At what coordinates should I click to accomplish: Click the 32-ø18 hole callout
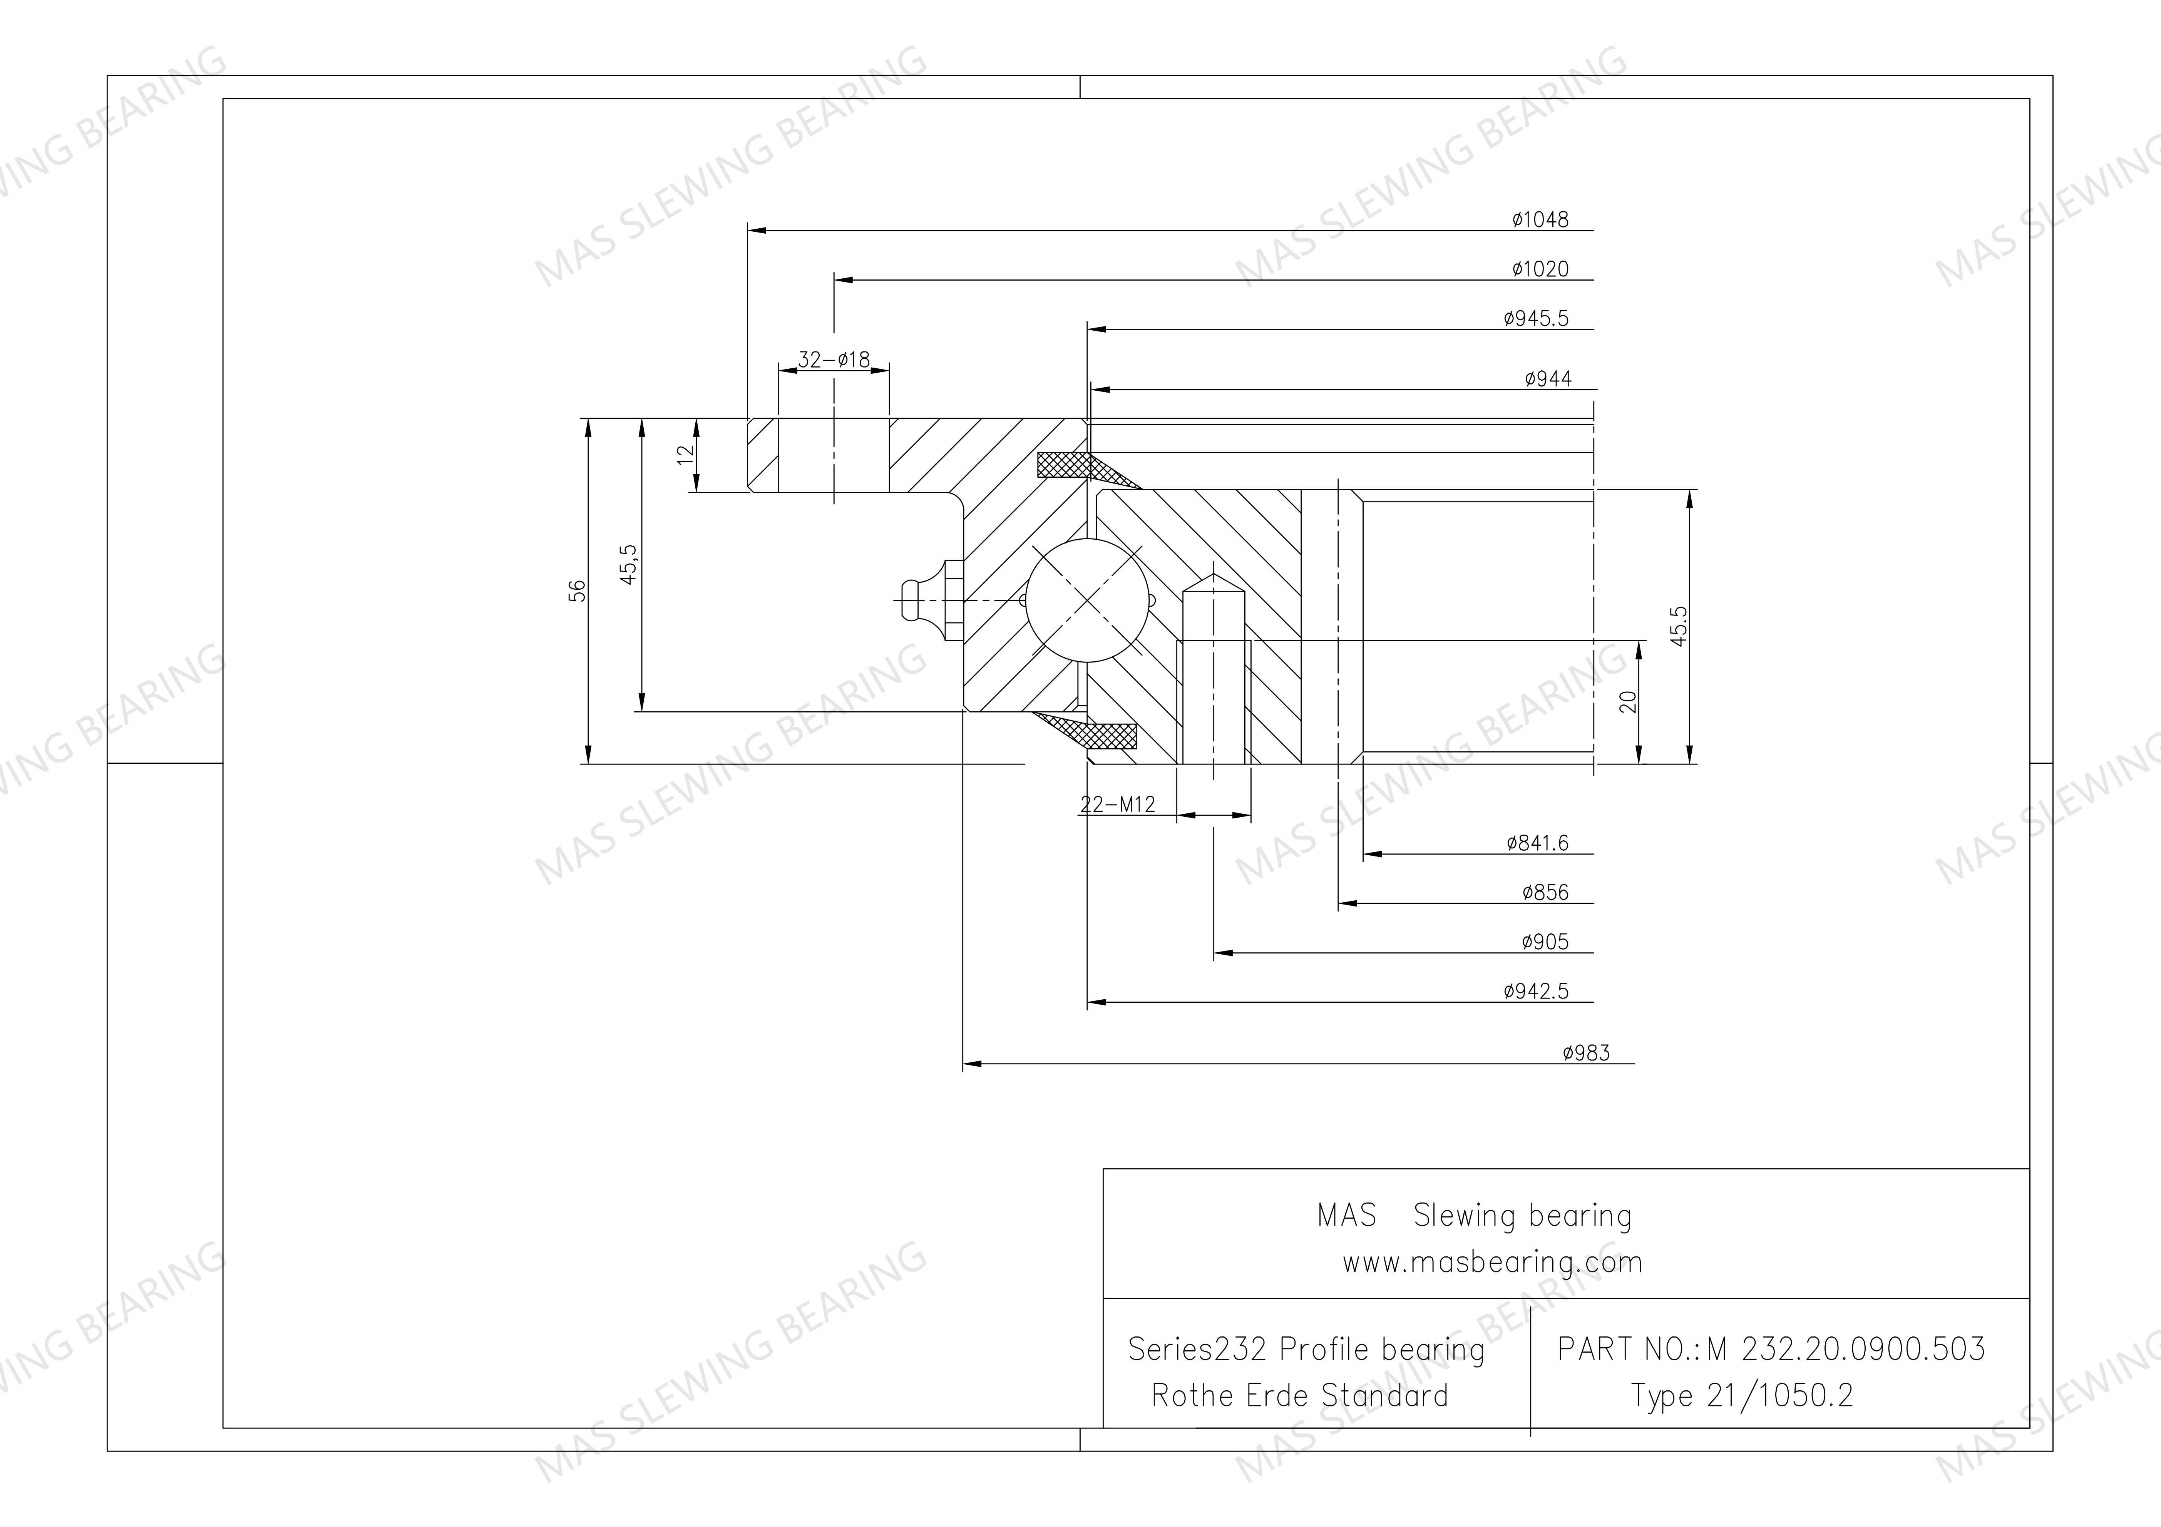coord(834,360)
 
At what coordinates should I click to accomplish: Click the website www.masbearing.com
coord(1492,1262)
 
